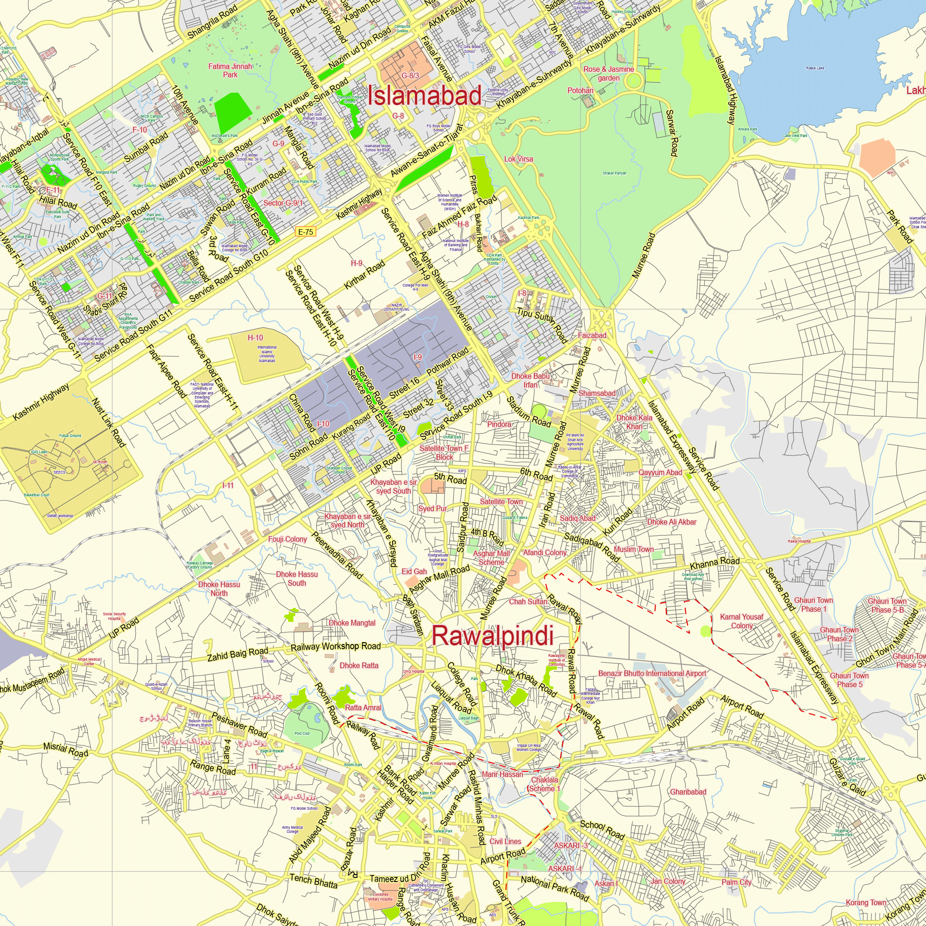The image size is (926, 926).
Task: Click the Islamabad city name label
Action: click(424, 95)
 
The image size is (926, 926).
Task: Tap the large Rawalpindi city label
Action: click(493, 636)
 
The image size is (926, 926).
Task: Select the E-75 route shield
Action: click(305, 232)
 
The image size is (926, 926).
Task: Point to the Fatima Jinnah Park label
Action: click(230, 70)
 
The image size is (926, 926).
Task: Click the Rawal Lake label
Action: click(815, 68)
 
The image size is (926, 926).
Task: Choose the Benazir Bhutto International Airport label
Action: click(652, 673)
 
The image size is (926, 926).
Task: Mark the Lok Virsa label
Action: click(519, 159)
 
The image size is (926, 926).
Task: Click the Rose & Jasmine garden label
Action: click(609, 73)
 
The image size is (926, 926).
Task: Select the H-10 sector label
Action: click(256, 338)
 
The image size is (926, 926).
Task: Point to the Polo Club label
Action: click(302, 733)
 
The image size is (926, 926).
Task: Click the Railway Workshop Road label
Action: click(336, 646)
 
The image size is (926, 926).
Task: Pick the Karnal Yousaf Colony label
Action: click(741, 621)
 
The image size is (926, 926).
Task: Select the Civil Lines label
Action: click(505, 842)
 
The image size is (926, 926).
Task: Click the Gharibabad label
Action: click(688, 792)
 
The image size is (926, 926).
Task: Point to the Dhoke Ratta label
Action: click(359, 665)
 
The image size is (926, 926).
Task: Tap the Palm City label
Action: click(736, 882)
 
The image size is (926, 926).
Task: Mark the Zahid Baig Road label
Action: click(238, 654)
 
